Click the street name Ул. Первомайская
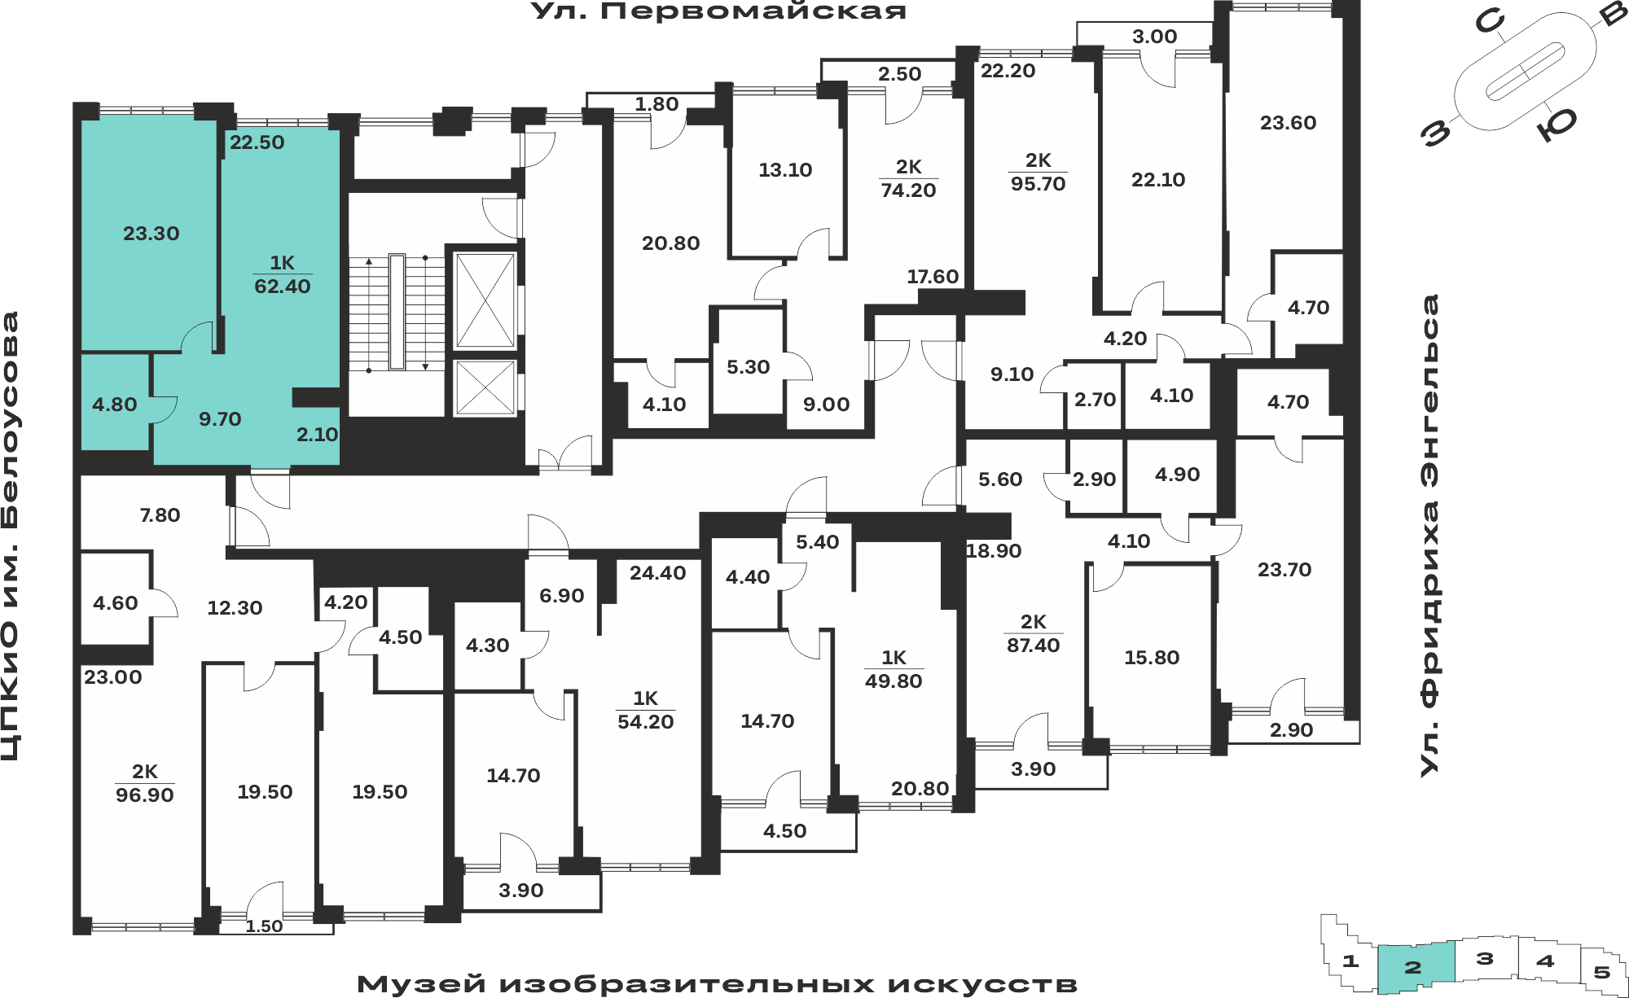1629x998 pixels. (x=718, y=11)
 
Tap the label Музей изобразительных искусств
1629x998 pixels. (x=717, y=984)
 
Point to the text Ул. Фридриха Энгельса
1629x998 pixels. (x=1429, y=535)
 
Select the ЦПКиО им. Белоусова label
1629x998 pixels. (x=11, y=536)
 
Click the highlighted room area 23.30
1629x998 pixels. (x=151, y=234)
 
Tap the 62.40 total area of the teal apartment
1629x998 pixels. (x=283, y=287)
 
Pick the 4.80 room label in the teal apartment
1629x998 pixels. (x=115, y=405)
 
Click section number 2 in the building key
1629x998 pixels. (x=1413, y=967)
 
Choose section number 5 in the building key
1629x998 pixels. (x=1602, y=972)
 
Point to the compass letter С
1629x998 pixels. (x=1490, y=22)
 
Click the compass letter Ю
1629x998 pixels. (x=1557, y=125)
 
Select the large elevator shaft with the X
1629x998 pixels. (x=485, y=300)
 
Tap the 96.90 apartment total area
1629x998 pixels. (x=145, y=795)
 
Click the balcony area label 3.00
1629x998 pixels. (x=1155, y=37)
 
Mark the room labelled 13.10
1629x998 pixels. (x=785, y=170)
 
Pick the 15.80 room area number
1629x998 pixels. (x=1152, y=658)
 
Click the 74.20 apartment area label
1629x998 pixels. (x=908, y=190)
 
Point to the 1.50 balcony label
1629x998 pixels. (x=265, y=926)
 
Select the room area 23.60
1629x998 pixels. (x=1288, y=123)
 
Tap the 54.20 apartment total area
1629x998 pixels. (x=646, y=722)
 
